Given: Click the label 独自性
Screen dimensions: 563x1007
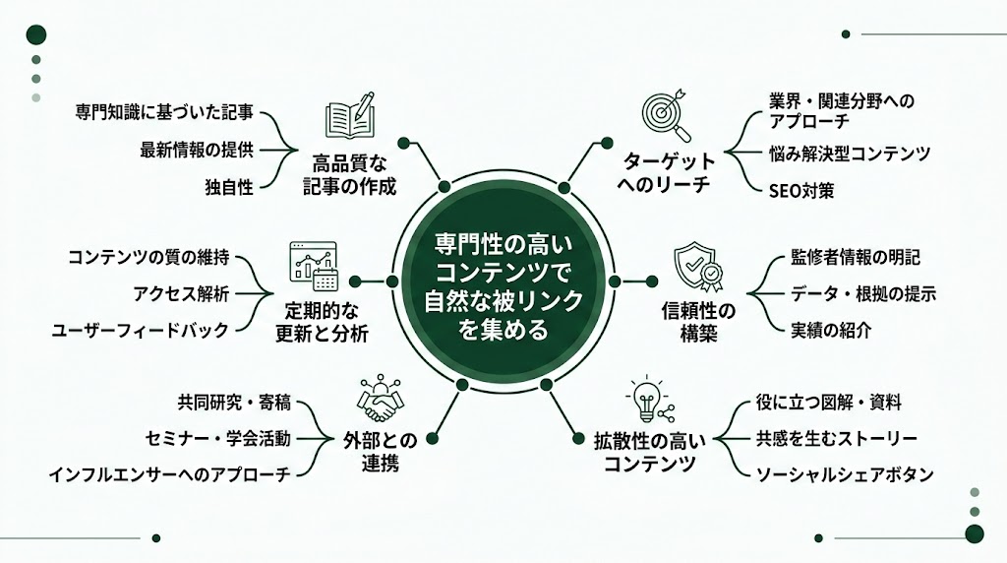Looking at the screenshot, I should [229, 186].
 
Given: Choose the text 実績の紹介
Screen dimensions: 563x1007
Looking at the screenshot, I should [831, 330].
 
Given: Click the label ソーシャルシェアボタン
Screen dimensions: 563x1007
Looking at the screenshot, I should [845, 474].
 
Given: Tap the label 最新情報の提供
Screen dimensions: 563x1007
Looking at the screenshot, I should [197, 150].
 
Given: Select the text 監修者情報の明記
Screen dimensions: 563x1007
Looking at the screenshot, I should [856, 257].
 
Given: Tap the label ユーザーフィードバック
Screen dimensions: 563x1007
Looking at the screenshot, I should [140, 330].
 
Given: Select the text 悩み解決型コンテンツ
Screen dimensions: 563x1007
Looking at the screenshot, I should [850, 154].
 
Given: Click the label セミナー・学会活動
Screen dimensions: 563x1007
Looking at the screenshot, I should [217, 438].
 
